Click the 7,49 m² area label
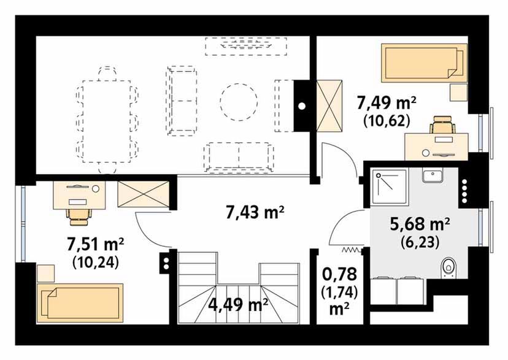(x=386, y=104)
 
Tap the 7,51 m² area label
(x=96, y=244)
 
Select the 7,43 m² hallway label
(x=255, y=213)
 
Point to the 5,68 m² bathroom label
(x=420, y=224)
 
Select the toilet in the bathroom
(x=448, y=268)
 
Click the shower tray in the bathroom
(x=389, y=187)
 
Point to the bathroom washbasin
(x=433, y=175)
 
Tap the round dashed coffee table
(x=239, y=102)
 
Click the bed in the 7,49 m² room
(x=425, y=63)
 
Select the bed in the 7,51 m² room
(x=80, y=303)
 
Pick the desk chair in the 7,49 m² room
(x=443, y=124)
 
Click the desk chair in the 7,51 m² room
(x=79, y=216)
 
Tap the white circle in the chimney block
(x=302, y=106)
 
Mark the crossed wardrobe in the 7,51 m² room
(x=144, y=194)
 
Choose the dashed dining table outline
(x=107, y=121)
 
